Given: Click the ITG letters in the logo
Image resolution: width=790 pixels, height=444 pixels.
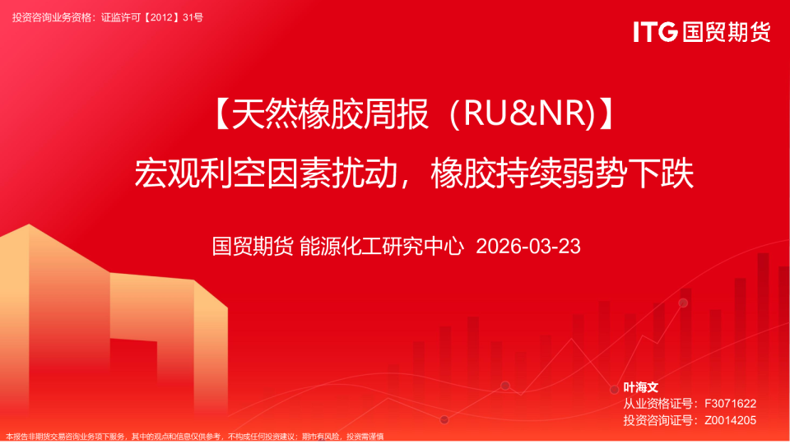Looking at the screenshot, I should [x=655, y=32].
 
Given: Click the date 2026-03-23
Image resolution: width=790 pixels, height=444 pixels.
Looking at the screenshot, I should [x=528, y=246].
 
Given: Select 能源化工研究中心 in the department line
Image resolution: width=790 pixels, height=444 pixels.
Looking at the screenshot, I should [x=382, y=246].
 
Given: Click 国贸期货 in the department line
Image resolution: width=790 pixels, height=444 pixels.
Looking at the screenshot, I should [x=253, y=246].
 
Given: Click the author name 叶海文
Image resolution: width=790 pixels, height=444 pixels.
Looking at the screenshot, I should [x=641, y=386].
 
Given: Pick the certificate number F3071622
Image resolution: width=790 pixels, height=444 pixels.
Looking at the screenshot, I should [x=730, y=403].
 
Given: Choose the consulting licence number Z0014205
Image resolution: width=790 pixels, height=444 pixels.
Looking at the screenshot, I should [x=730, y=420].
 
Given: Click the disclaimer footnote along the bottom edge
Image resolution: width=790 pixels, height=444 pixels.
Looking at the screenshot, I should [x=195, y=437].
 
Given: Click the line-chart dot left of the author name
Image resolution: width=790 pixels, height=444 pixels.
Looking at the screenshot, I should [x=614, y=389].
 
